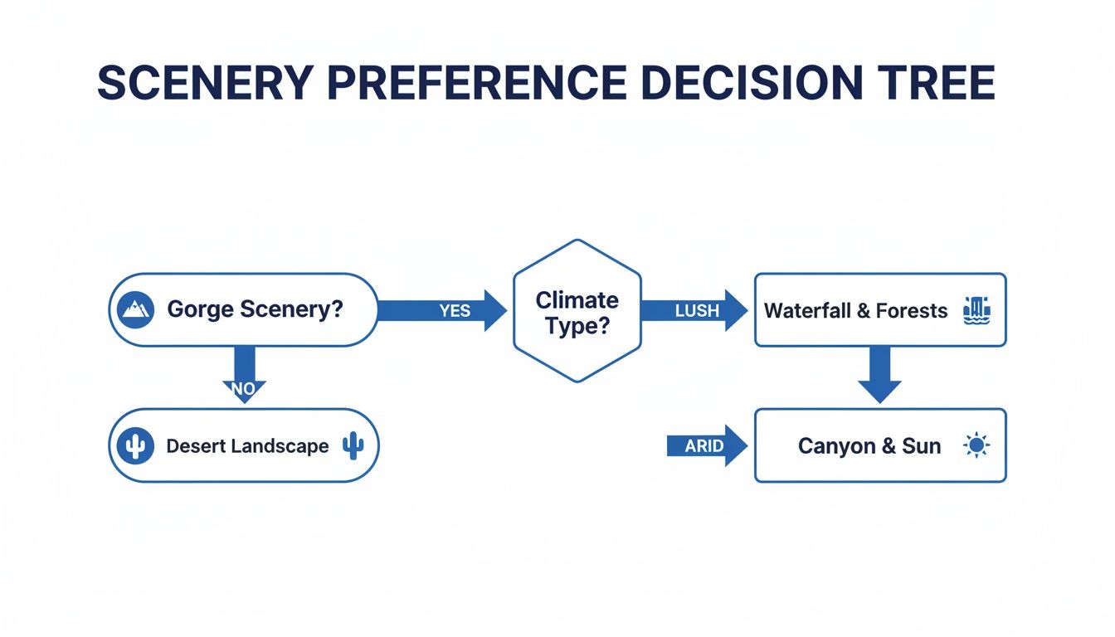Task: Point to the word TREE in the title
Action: pos(936,83)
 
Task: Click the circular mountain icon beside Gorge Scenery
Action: pos(135,310)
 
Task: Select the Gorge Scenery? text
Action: pos(256,310)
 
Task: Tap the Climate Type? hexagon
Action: pos(577,311)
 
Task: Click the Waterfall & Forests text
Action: pos(855,311)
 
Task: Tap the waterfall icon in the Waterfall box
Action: pos(976,310)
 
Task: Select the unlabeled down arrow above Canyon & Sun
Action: pos(879,374)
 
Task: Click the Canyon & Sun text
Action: pos(869,446)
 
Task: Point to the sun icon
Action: pos(976,445)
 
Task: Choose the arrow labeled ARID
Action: pos(706,446)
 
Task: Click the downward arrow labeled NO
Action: pos(245,373)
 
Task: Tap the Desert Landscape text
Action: pos(247,446)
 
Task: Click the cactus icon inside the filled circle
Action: pos(135,446)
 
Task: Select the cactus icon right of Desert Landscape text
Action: pos(353,445)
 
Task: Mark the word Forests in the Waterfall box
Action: pos(913,311)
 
